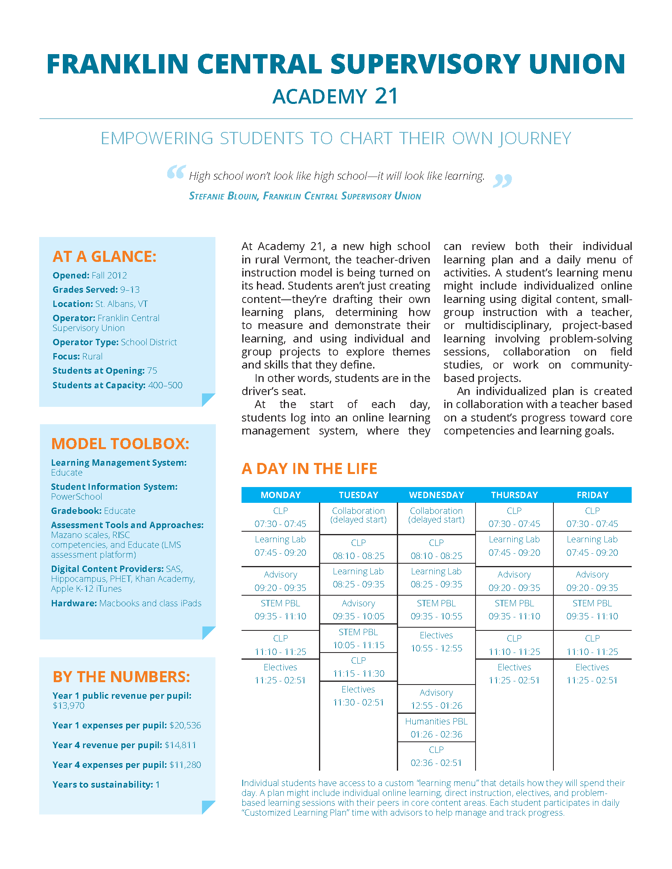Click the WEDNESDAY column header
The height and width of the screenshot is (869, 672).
click(436, 495)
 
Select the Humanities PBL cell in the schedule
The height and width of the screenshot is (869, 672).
click(436, 721)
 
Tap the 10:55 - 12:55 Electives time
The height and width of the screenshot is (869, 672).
click(436, 648)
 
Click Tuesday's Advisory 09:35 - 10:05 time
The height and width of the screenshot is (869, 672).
click(358, 616)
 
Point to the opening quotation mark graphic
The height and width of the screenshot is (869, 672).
click(176, 172)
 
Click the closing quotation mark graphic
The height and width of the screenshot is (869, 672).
click(502, 181)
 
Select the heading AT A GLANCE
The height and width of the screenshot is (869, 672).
click(104, 257)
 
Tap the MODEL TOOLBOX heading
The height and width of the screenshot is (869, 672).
click(120, 444)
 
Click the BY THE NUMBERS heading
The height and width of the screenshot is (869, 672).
click(121, 677)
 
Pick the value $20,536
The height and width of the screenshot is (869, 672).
click(185, 725)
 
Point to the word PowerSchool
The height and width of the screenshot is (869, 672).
click(76, 497)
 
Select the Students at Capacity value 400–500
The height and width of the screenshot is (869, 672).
click(165, 385)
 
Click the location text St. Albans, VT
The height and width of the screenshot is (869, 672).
click(121, 304)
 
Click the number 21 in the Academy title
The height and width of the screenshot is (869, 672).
click(386, 96)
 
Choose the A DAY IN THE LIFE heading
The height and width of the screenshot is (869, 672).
click(310, 469)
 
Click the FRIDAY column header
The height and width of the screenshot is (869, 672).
click(593, 495)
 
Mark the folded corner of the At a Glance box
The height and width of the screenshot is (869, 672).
click(208, 399)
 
